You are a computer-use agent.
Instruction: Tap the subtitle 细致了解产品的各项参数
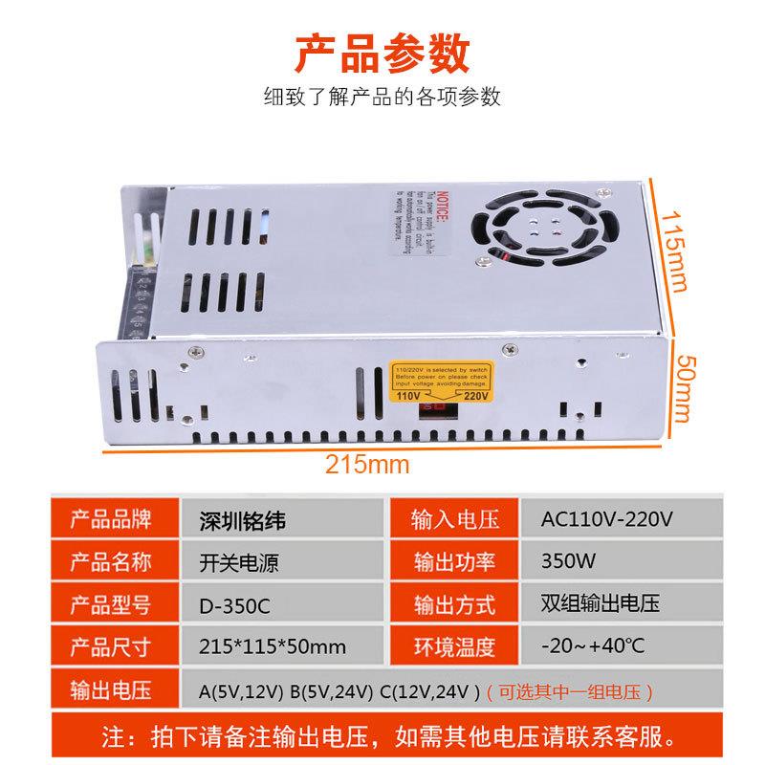382,98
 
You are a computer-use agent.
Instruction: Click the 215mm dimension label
367,466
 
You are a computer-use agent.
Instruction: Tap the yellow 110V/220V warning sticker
442,382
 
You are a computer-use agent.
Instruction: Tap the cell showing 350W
565,562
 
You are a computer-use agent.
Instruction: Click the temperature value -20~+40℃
592,647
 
